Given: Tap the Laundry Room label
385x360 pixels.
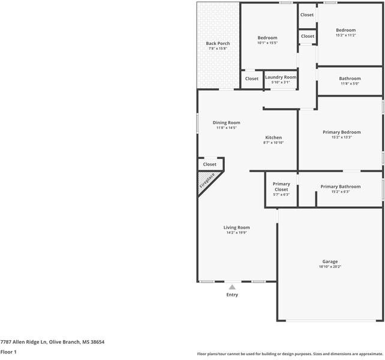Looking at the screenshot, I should (x=281, y=77).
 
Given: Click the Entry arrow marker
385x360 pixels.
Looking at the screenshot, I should (x=232, y=287).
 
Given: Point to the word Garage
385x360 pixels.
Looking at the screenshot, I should (x=330, y=262).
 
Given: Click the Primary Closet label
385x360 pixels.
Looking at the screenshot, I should (x=281, y=187).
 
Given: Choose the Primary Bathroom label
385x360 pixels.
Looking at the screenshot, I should (x=341, y=187).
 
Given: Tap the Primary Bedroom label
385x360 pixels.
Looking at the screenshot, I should (x=341, y=132).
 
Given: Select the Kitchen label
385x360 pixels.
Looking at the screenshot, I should (x=273, y=137).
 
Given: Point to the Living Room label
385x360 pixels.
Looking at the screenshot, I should (x=236, y=227).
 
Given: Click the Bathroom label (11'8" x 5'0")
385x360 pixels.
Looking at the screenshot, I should (x=350, y=79).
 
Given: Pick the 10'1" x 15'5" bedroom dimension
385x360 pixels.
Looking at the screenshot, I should (x=267, y=43).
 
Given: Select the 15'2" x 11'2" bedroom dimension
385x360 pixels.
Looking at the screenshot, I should (x=345, y=35).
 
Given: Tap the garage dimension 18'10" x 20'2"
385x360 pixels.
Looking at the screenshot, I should (x=330, y=267).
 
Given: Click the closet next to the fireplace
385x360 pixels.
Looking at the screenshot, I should (x=210, y=164).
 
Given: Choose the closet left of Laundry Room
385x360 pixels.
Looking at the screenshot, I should (x=252, y=79).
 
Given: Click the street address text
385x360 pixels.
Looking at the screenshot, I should (x=52, y=341).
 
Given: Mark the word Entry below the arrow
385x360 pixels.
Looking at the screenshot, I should (x=232, y=295).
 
